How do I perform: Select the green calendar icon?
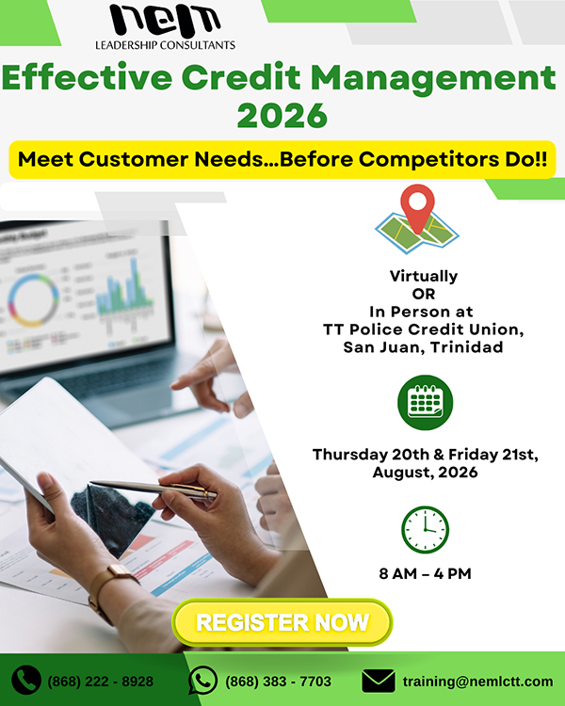click(x=425, y=403)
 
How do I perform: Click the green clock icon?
click(x=425, y=529)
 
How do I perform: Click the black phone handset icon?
click(x=26, y=680)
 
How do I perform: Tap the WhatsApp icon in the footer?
click(x=202, y=680)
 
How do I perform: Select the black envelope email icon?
click(x=379, y=681)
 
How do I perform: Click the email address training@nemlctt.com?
click(x=477, y=682)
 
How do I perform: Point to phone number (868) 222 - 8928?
click(x=101, y=682)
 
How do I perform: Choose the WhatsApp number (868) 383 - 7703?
click(x=278, y=682)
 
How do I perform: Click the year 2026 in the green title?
click(x=282, y=115)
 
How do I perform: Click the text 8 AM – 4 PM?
click(x=425, y=573)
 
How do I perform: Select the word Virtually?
click(x=424, y=276)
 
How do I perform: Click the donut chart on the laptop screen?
click(x=33, y=300)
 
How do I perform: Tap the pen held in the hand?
click(x=153, y=489)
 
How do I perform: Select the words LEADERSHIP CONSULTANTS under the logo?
click(x=165, y=45)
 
